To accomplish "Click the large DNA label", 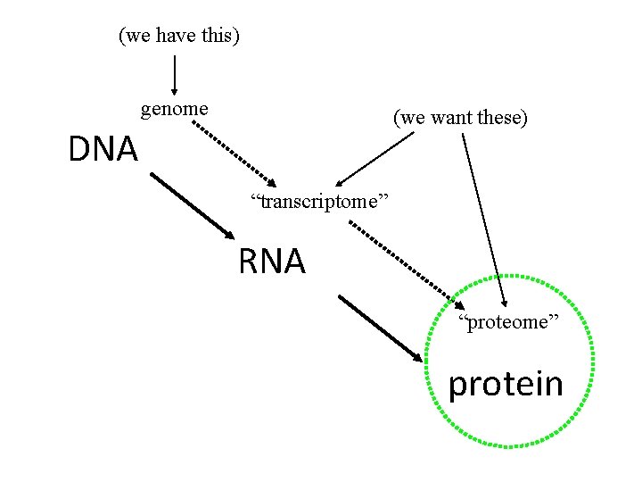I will tap(103, 149).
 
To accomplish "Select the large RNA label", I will tap(272, 262).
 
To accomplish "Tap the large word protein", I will tap(506, 384).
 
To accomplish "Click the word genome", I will tap(175, 109).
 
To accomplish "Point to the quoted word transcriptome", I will tap(320, 202).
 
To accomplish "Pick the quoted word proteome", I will tap(508, 321).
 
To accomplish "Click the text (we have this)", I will tap(179, 36).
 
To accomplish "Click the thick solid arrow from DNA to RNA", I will tap(193, 205).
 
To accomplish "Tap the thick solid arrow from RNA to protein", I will tap(382, 328).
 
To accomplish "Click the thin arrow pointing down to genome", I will tap(174, 75).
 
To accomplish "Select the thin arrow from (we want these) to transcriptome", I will tap(374, 159).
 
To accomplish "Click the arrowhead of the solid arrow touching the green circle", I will tap(418, 356).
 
